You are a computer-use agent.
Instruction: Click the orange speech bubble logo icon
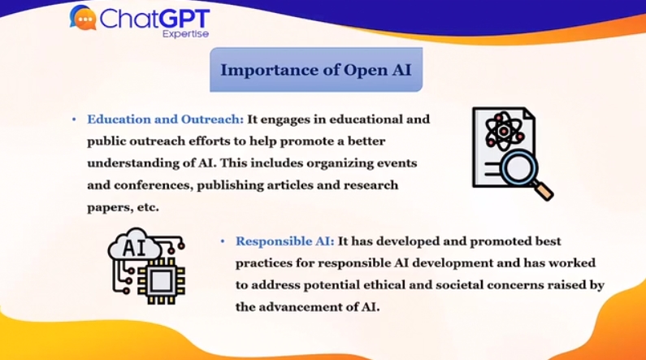pyautogui.click(x=84, y=18)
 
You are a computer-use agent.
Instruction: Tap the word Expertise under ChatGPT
pyautogui.click(x=185, y=34)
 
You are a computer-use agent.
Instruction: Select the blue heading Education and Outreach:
pyautogui.click(x=165, y=119)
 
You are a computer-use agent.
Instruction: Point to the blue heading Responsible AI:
pyautogui.click(x=284, y=241)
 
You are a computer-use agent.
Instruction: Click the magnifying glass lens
pyautogui.click(x=518, y=167)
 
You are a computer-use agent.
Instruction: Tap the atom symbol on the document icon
pyautogui.click(x=505, y=132)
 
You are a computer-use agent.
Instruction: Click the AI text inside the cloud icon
pyautogui.click(x=134, y=248)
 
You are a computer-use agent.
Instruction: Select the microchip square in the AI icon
pyautogui.click(x=161, y=281)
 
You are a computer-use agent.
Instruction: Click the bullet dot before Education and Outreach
pyautogui.click(x=74, y=119)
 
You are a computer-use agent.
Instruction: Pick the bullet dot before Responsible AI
pyautogui.click(x=223, y=241)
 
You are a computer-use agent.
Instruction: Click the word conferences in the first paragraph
pyautogui.click(x=154, y=185)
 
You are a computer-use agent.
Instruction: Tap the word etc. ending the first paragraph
pyautogui.click(x=148, y=207)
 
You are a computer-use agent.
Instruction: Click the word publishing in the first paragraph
pyautogui.click(x=230, y=186)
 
